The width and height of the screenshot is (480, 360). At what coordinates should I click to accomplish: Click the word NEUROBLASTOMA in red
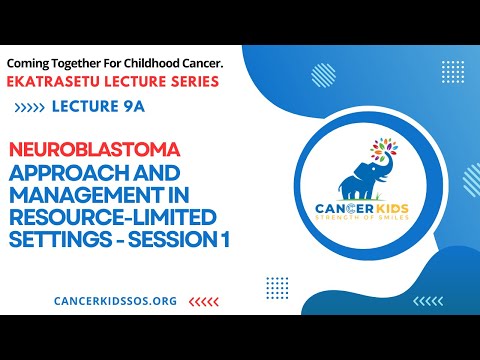pyautogui.click(x=94, y=149)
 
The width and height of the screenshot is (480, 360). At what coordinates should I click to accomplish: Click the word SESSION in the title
pyautogui.click(x=174, y=240)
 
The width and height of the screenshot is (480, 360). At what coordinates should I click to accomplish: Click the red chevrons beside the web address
pyautogui.click(x=204, y=299)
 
